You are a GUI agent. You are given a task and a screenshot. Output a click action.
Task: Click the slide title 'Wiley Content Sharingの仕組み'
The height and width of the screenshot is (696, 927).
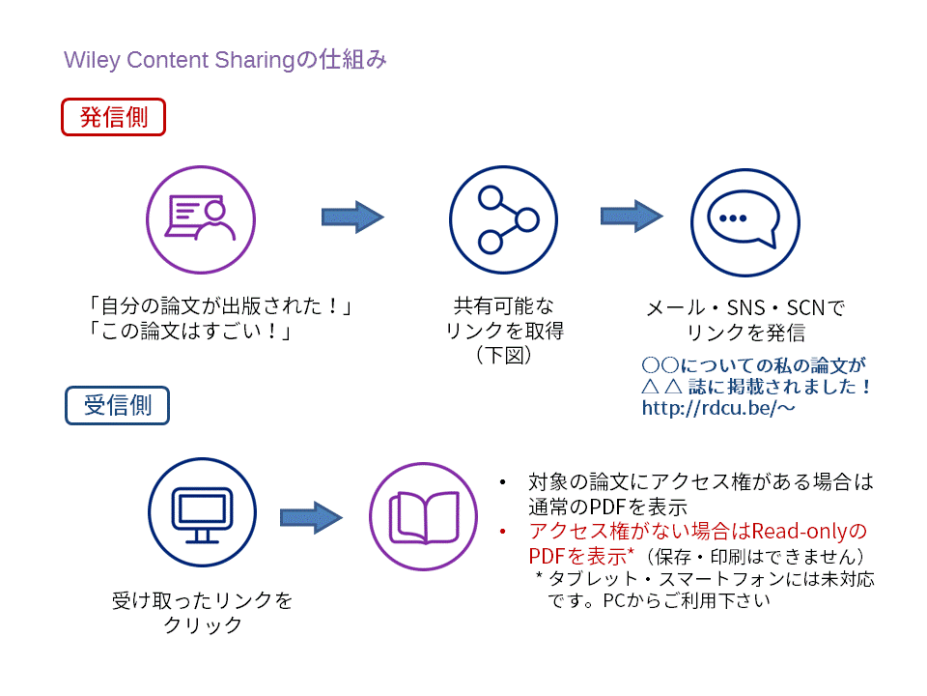pyautogui.click(x=225, y=60)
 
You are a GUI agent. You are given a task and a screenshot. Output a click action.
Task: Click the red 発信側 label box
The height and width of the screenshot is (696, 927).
pyautogui.click(x=114, y=117)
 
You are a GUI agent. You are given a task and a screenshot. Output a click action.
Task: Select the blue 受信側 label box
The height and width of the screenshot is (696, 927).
pyautogui.click(x=117, y=405)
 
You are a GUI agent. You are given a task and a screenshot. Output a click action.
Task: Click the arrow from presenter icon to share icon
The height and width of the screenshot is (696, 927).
pyautogui.click(x=352, y=217)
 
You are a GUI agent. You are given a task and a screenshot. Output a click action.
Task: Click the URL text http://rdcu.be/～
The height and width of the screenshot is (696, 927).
pyautogui.click(x=718, y=409)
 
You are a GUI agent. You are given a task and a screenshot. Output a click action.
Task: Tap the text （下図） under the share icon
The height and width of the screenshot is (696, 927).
pyautogui.click(x=504, y=356)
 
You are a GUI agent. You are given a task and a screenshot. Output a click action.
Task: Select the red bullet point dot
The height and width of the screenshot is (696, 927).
pyautogui.click(x=502, y=532)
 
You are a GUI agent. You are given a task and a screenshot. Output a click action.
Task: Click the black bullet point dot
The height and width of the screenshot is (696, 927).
pyautogui.click(x=502, y=481)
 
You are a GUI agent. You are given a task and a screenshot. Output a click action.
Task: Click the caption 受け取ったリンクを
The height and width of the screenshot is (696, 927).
pyautogui.click(x=203, y=600)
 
